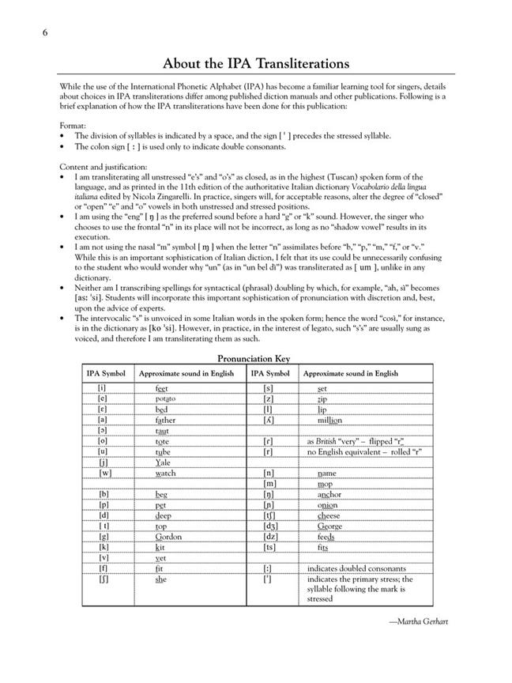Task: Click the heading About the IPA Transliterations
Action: (x=256, y=63)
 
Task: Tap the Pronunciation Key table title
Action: (x=255, y=358)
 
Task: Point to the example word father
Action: (x=166, y=420)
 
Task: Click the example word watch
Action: (x=166, y=473)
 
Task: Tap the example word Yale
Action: (x=164, y=462)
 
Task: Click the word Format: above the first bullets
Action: (x=75, y=126)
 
